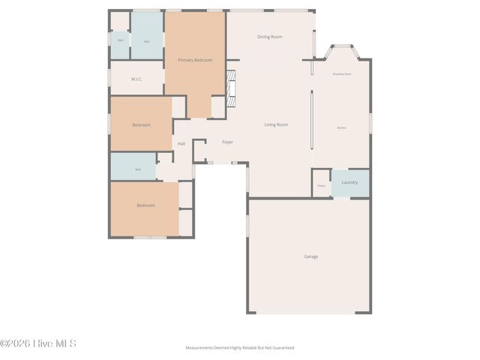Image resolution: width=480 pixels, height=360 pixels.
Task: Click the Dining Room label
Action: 269,37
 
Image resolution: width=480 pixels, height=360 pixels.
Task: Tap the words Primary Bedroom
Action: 195,60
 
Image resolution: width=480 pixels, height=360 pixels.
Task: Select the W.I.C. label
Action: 136,79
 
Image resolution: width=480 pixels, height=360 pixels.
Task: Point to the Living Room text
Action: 276,124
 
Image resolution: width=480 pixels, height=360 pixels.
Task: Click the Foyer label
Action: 227,142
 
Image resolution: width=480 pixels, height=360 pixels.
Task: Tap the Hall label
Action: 181,144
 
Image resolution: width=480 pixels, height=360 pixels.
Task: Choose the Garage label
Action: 310,256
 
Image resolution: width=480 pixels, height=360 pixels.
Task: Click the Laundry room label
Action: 349,182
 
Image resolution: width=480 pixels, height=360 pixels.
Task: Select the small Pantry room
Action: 321,184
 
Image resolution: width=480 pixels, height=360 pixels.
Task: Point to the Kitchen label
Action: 341,128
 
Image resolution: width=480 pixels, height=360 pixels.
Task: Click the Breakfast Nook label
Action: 342,73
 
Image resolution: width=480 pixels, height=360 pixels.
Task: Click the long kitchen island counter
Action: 312,120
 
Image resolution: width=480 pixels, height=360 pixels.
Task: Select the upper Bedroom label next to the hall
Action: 141,125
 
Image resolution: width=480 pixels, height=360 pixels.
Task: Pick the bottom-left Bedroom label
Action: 145,205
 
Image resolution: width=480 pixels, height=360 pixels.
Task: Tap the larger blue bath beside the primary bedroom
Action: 147,40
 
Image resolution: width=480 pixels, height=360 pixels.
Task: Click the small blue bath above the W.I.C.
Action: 120,40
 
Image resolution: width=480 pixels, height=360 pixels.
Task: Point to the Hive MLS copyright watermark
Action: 38,343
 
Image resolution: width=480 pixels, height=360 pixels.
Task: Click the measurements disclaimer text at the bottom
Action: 240,348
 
